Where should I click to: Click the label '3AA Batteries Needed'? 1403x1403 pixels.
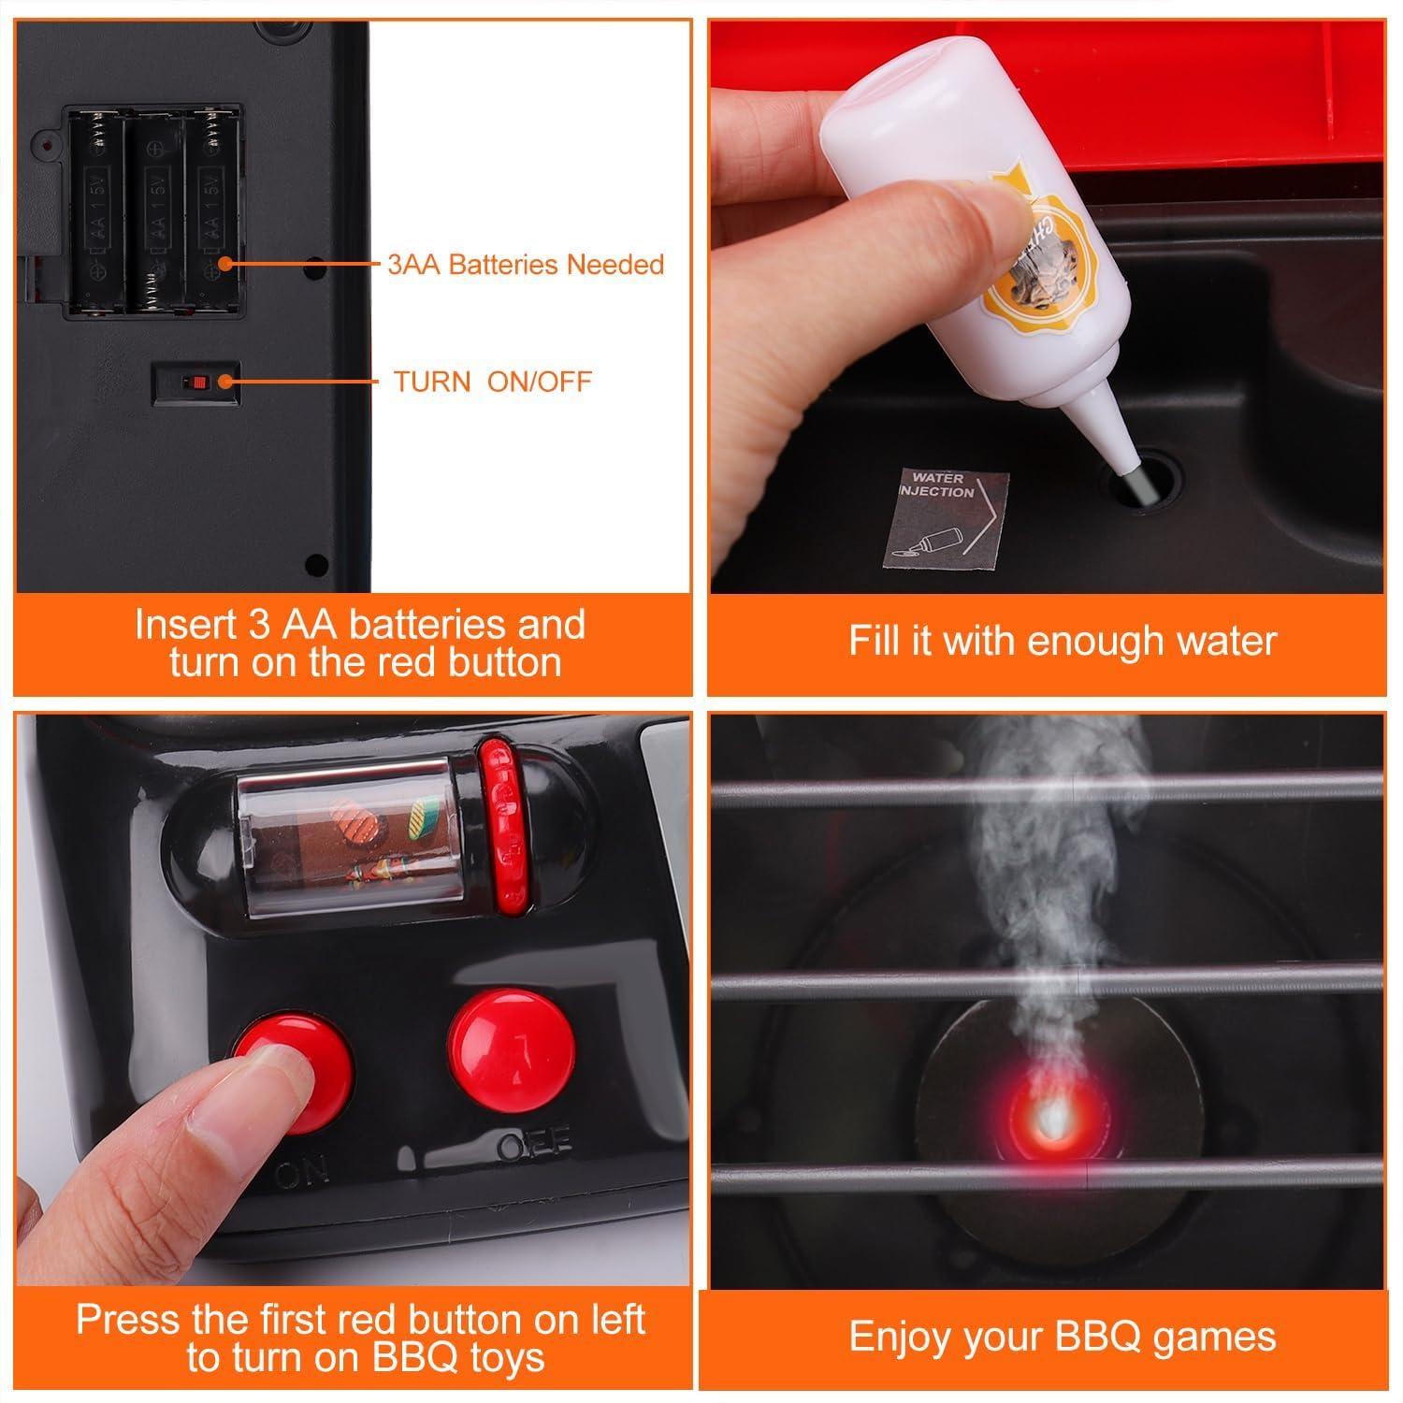click(526, 265)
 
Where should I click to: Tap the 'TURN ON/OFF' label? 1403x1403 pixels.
click(492, 382)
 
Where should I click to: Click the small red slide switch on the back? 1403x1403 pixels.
click(197, 382)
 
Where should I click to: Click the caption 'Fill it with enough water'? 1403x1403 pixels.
click(1062, 642)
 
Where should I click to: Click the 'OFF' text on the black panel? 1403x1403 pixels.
click(534, 1145)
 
